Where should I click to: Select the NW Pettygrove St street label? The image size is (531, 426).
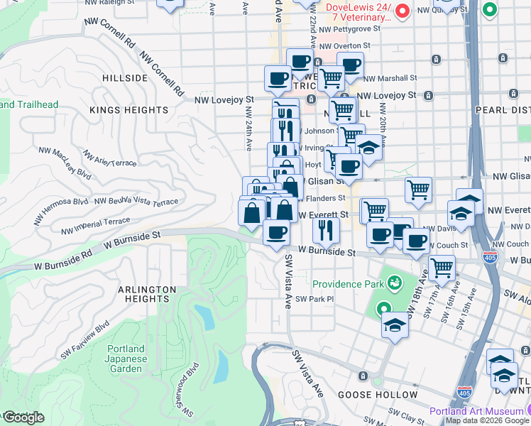point(349,29)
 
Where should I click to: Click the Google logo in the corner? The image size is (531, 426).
point(23,417)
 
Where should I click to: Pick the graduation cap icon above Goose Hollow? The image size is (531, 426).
point(395,326)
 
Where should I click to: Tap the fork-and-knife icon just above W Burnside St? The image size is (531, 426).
point(326,229)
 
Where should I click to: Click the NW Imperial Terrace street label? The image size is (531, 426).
point(96,226)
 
